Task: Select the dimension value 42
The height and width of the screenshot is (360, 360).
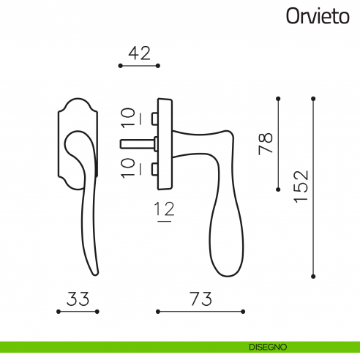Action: click(x=138, y=53)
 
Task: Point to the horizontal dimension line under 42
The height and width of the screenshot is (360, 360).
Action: click(x=138, y=66)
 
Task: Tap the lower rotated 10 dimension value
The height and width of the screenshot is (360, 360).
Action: click(x=127, y=167)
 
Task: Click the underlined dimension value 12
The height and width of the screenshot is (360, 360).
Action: click(x=165, y=210)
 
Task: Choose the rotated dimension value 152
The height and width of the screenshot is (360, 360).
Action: click(x=301, y=188)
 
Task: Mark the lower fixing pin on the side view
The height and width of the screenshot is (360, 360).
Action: click(x=153, y=169)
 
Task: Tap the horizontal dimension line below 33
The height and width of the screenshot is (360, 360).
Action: click(x=78, y=312)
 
